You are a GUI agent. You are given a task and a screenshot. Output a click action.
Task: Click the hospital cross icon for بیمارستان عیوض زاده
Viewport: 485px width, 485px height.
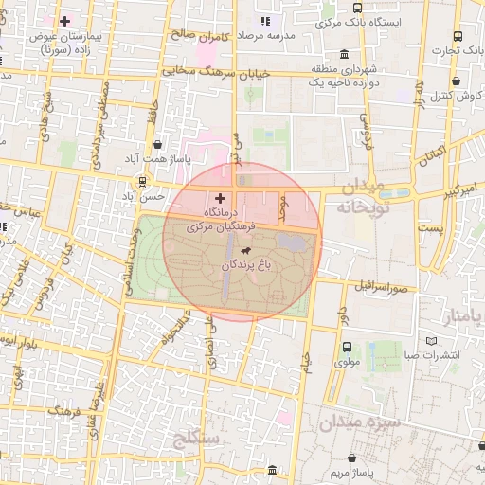64,21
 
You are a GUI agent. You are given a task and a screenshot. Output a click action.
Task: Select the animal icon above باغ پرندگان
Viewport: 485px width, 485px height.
246,251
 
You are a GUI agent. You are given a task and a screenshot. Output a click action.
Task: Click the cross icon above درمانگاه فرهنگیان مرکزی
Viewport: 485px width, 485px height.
221,198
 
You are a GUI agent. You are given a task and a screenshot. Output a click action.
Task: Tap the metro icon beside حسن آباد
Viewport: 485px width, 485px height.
142,180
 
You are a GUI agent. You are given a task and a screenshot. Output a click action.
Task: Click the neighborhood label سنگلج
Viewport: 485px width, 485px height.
196,438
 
